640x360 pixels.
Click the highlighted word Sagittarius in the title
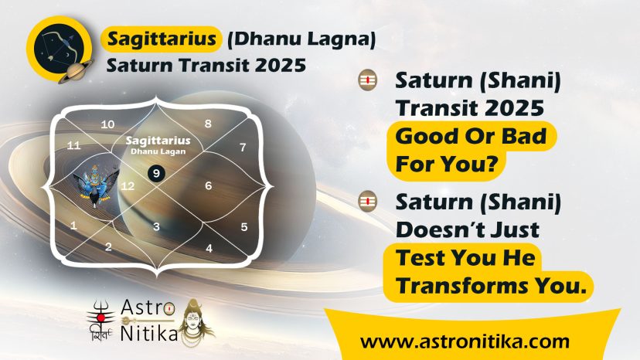(x=162, y=39)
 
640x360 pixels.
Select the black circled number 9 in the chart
(x=156, y=174)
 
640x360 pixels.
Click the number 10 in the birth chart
(x=107, y=124)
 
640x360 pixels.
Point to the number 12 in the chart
(x=128, y=186)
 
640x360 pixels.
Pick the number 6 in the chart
(x=209, y=185)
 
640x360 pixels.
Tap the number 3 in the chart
(x=156, y=227)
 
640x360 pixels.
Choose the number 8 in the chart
(x=208, y=124)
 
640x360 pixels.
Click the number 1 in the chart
(x=73, y=226)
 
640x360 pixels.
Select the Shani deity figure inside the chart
(x=96, y=185)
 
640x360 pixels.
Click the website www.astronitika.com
(x=465, y=341)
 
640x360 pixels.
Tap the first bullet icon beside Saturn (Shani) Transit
(x=367, y=80)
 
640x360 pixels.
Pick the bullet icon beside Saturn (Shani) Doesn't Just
(x=367, y=201)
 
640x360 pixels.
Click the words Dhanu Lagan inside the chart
(x=158, y=151)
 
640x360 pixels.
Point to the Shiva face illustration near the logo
(x=197, y=322)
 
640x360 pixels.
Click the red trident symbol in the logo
(x=100, y=315)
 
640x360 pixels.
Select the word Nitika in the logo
(x=149, y=334)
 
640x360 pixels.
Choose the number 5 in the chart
(x=244, y=227)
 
